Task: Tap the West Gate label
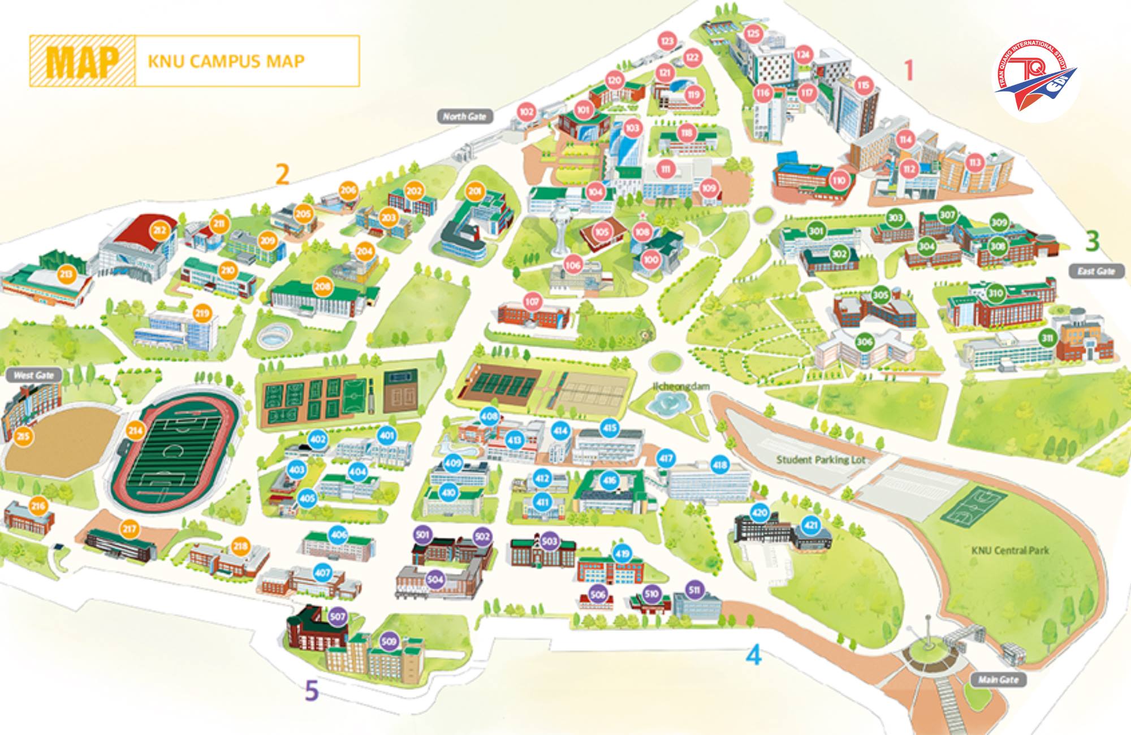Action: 33,375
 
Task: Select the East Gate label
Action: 1096,271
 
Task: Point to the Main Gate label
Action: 998,679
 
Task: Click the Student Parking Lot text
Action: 821,460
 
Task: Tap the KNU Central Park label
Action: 1010,550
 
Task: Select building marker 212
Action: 159,230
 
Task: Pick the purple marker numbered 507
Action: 338,617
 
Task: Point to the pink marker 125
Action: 753,33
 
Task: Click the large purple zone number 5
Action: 311,690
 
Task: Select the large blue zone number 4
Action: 754,655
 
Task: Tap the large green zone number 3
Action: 1093,240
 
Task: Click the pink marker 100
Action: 651,260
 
